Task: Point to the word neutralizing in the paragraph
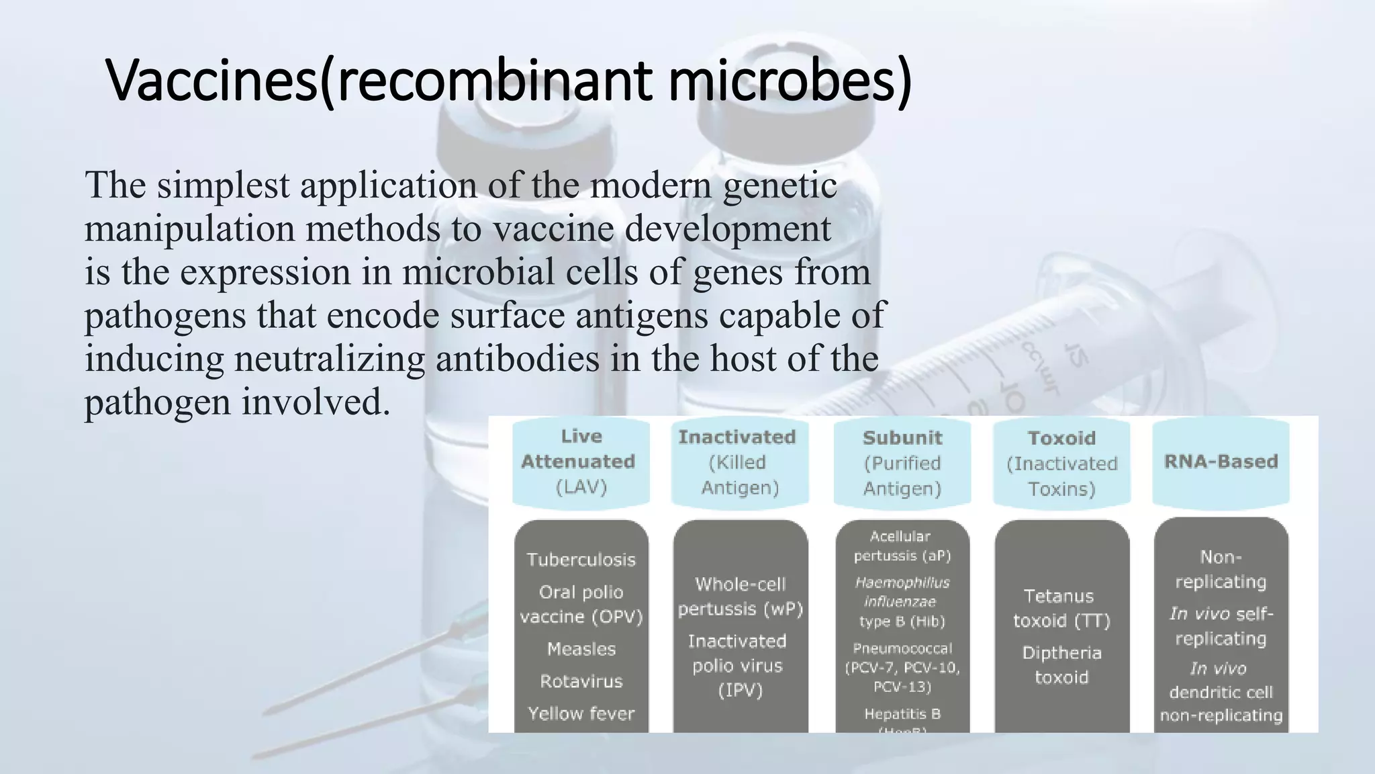tap(329, 359)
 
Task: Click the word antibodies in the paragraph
tap(517, 359)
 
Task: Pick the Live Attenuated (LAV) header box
tap(581, 462)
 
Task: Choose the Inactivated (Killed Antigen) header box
tap(739, 462)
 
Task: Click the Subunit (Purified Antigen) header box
tap(902, 462)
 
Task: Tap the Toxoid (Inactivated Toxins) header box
tap(1061, 463)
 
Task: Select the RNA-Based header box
tap(1221, 462)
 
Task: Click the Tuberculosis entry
tap(581, 560)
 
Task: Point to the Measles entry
tap(581, 649)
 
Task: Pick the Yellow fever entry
tap(581, 714)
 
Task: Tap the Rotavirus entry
tap(581, 681)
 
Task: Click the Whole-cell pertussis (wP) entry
tap(740, 597)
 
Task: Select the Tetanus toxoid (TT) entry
tap(1061, 608)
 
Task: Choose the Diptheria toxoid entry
tap(1061, 664)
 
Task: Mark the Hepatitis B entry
tap(902, 714)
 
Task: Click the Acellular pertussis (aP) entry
tap(902, 546)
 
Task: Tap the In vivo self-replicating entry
tap(1221, 626)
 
